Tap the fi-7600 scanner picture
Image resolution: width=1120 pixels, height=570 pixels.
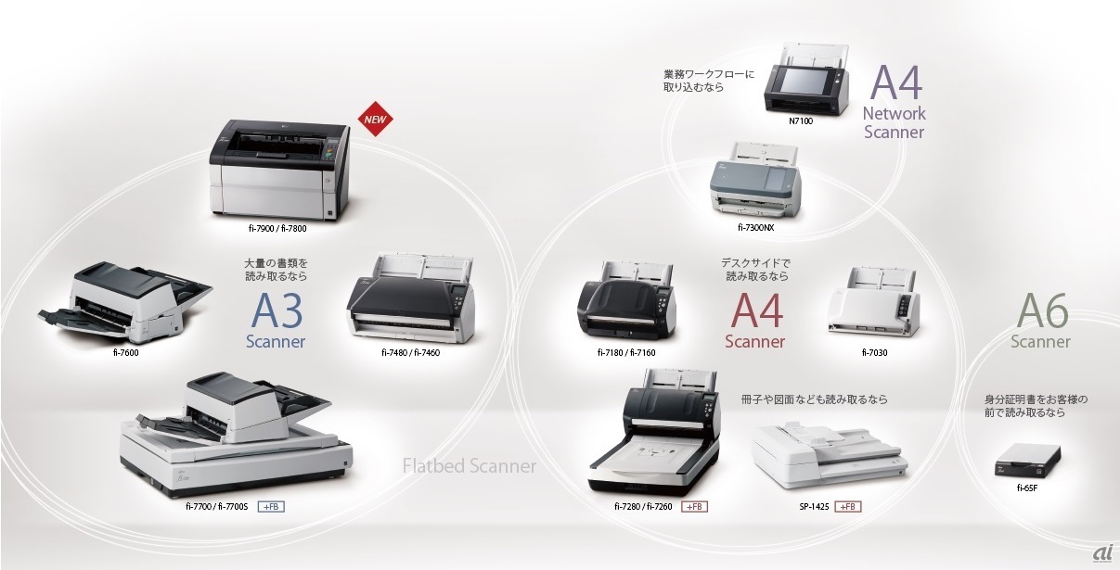click(123, 300)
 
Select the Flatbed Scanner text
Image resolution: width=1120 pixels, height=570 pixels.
click(470, 466)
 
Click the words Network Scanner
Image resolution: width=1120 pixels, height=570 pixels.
click(894, 122)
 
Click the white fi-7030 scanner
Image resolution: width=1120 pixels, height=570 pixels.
click(874, 305)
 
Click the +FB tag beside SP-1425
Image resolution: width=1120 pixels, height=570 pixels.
click(847, 507)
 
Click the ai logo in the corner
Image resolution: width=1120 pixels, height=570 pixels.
click(1101, 552)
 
